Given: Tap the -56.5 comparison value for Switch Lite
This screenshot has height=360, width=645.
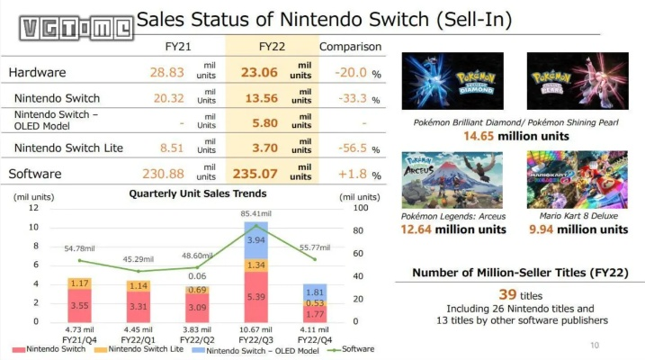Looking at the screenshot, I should [x=345, y=148].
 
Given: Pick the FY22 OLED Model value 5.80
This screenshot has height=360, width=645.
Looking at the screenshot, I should [x=265, y=122].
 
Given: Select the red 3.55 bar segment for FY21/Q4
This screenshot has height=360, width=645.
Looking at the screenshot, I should [x=79, y=305].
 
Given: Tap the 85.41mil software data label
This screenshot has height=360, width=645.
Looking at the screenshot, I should [x=255, y=213].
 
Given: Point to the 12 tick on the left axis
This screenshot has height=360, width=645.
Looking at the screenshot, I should [x=34, y=208].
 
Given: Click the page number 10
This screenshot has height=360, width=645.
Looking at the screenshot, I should [x=594, y=345].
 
